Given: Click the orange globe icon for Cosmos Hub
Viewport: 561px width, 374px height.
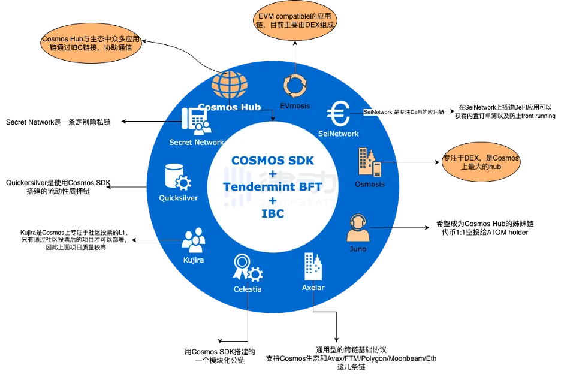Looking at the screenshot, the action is pyautogui.click(x=230, y=85).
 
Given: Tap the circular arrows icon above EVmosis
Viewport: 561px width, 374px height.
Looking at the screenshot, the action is pyautogui.click(x=295, y=86).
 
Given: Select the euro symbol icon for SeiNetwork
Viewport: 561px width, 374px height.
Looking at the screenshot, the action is pyautogui.click(x=339, y=113).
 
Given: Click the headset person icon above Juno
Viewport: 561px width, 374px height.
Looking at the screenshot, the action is pyautogui.click(x=358, y=228).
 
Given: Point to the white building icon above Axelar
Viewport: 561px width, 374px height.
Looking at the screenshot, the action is pyautogui.click(x=313, y=266).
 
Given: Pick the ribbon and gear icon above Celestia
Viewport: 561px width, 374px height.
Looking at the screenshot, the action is pyautogui.click(x=248, y=267).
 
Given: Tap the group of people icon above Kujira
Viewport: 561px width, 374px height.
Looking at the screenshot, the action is pyautogui.click(x=194, y=240).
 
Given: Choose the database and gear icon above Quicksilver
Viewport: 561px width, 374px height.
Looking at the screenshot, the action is pyautogui.click(x=178, y=177).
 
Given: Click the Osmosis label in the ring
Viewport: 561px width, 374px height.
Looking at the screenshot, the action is pyautogui.click(x=370, y=185).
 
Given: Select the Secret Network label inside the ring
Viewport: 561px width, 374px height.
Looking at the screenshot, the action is pyautogui.click(x=197, y=142).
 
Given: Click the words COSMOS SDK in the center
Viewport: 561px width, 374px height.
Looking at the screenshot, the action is pyautogui.click(x=273, y=161).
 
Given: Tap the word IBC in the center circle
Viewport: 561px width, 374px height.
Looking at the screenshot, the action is pyautogui.click(x=273, y=213).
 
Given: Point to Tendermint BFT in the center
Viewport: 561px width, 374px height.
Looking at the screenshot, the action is pyautogui.click(x=273, y=186).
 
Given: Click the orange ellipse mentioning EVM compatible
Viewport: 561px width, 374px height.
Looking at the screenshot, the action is pyautogui.click(x=295, y=20).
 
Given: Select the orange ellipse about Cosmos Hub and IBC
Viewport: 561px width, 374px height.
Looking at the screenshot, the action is pyautogui.click(x=91, y=43).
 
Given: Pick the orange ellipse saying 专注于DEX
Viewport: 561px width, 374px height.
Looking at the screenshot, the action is pyautogui.click(x=481, y=162).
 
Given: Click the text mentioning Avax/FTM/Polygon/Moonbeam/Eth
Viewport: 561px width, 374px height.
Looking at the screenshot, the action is pyautogui.click(x=351, y=358).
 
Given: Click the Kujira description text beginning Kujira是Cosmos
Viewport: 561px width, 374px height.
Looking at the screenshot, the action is pyautogui.click(x=74, y=240).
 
